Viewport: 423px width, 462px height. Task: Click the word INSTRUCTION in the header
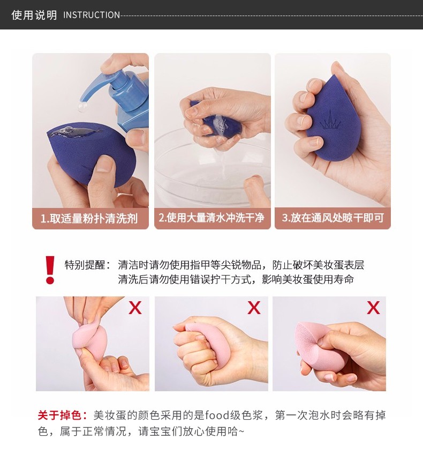pos(92,15)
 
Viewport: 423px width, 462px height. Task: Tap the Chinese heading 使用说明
pos(34,15)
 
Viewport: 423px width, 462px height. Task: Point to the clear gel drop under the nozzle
pos(83,107)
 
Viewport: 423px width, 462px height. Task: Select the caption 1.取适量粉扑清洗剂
pos(89,219)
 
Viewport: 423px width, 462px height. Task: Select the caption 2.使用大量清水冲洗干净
pos(211,218)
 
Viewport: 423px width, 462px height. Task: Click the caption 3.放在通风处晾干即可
pos(333,218)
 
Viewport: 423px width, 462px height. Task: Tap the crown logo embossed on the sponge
pos(330,121)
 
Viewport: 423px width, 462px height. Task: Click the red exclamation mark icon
pos(50,270)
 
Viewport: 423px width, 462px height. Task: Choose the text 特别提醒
pos(85,265)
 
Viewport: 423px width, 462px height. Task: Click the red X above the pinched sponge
pos(135,308)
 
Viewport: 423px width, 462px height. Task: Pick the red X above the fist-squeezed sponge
pos(254,308)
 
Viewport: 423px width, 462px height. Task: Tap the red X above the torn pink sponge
pos(373,308)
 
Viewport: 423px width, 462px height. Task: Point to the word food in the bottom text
pos(217,415)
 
